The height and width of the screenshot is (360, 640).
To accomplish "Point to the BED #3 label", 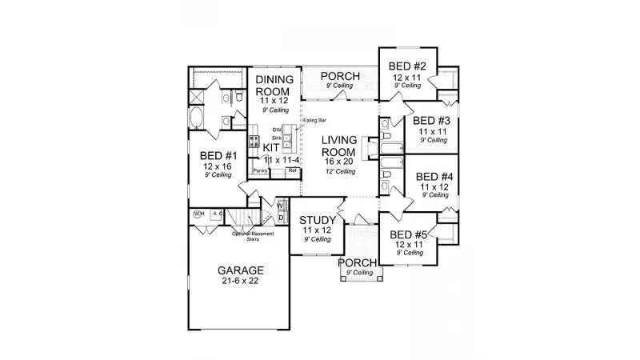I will pos(433,120).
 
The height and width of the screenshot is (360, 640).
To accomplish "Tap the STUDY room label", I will pos(317,220).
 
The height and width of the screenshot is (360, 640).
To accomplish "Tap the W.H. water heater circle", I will pos(198,214).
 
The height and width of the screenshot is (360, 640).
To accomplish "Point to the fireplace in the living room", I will pos(369,149).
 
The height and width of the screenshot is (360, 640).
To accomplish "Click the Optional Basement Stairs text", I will pos(248,235).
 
